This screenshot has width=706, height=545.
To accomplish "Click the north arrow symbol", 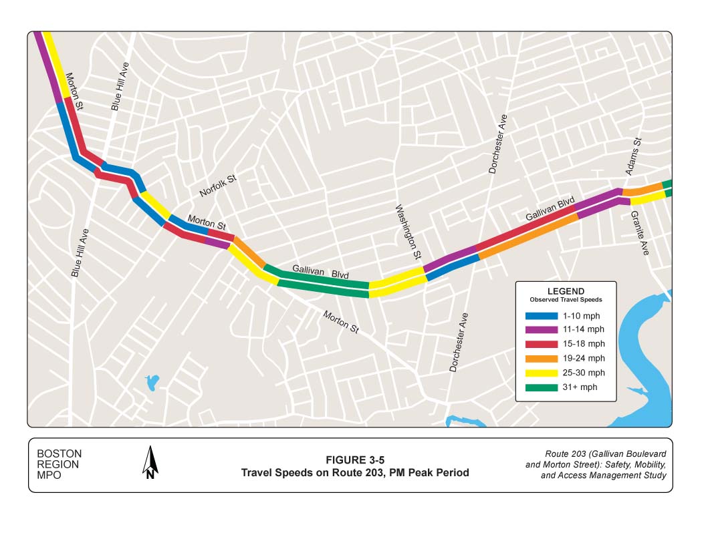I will (151, 463).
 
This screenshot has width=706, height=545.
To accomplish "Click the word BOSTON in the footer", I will (59, 454).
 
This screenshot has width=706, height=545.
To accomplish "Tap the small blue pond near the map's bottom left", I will (152, 383).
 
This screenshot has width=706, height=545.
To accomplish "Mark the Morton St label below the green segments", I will (341, 322).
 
